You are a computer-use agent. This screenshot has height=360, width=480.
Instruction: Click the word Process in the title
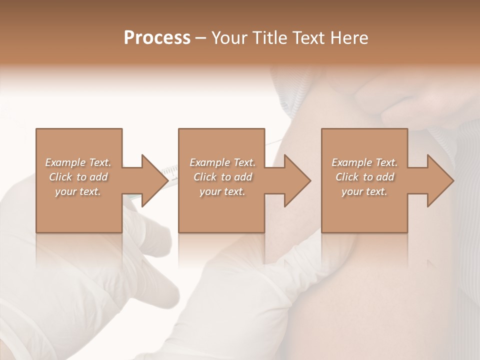[x=157, y=38]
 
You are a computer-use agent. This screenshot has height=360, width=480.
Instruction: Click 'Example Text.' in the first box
[x=78, y=162]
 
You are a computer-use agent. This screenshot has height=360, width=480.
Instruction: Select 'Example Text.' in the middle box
[x=222, y=162]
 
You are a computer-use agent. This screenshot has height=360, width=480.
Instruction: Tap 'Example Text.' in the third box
[x=364, y=162]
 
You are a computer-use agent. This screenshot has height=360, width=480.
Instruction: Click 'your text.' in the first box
[x=78, y=191]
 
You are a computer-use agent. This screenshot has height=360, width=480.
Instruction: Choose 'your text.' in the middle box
[x=222, y=191]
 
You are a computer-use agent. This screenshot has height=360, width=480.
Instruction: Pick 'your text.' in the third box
[x=364, y=191]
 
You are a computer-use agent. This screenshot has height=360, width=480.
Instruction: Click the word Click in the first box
[x=60, y=177]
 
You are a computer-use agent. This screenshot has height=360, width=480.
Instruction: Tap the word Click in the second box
[x=205, y=177]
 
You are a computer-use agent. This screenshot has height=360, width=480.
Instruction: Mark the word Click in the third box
[x=347, y=177]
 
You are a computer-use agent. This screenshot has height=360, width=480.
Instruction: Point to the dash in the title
[x=201, y=38]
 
